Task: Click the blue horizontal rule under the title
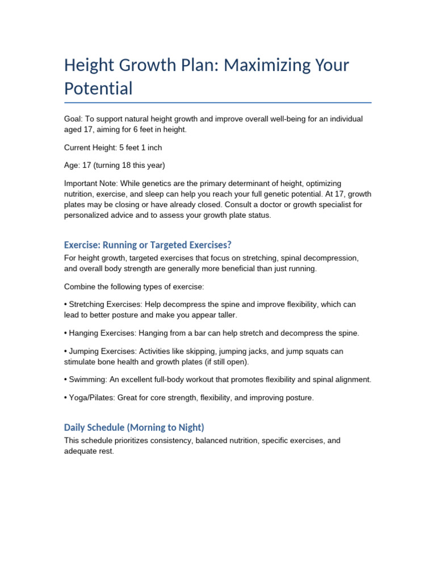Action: [218, 103]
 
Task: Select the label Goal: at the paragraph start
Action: [74, 119]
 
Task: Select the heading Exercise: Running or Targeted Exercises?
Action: [148, 245]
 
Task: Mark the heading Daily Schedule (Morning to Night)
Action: [134, 427]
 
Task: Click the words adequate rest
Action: [89, 452]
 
